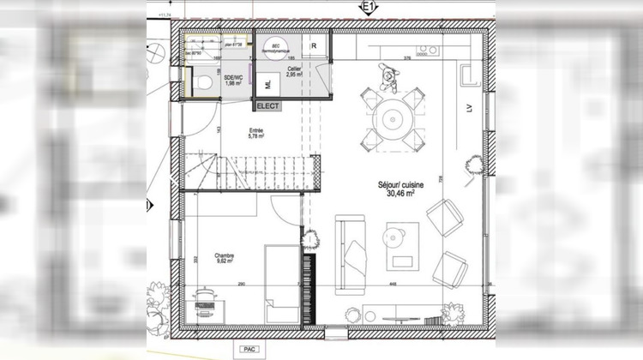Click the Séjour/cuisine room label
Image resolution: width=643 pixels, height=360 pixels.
[396, 189]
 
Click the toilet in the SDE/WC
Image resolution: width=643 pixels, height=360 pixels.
[203, 81]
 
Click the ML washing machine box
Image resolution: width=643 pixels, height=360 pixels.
[268, 83]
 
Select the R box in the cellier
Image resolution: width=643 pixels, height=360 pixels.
[315, 45]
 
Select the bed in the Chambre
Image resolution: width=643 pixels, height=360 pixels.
[281, 283]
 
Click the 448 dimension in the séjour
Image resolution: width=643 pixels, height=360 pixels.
[393, 284]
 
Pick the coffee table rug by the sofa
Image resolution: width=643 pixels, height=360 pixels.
[402, 246]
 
